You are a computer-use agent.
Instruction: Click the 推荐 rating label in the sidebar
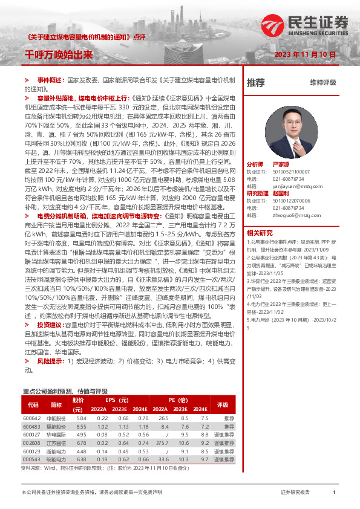coord(256,82)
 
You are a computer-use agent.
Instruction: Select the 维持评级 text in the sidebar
coord(322,82)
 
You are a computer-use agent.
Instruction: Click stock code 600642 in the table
coord(31,418)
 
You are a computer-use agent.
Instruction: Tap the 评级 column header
coord(222,405)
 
